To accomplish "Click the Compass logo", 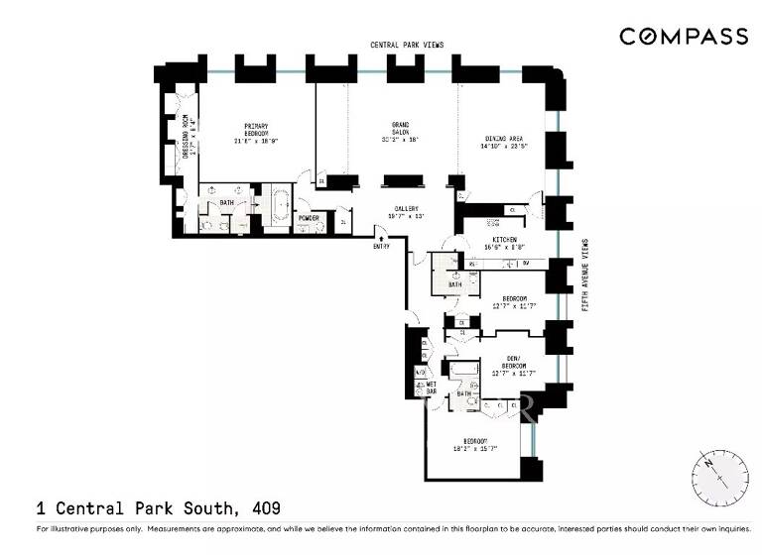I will click(x=684, y=37).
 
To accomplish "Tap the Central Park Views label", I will click(x=406, y=45).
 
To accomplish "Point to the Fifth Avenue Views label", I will click(x=585, y=277).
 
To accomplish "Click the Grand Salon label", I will click(x=400, y=131).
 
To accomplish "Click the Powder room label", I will click(x=309, y=218).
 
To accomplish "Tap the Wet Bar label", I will click(x=432, y=388).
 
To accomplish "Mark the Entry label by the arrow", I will click(x=381, y=246).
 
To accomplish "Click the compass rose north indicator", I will click(x=710, y=463).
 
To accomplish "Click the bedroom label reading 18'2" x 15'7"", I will click(x=474, y=446).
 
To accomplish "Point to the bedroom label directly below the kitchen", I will click(x=514, y=302).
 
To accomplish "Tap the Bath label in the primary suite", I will click(x=226, y=203).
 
